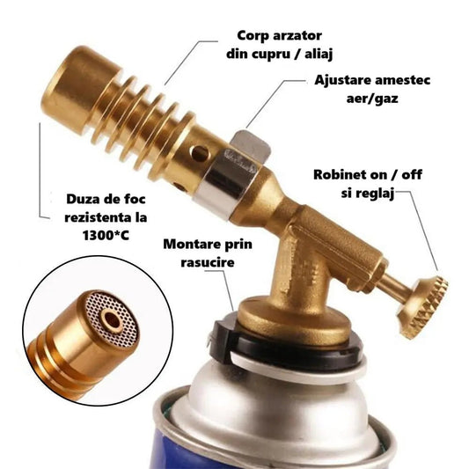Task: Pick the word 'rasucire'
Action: click(x=208, y=261)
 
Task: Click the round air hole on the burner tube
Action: click(x=202, y=153)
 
